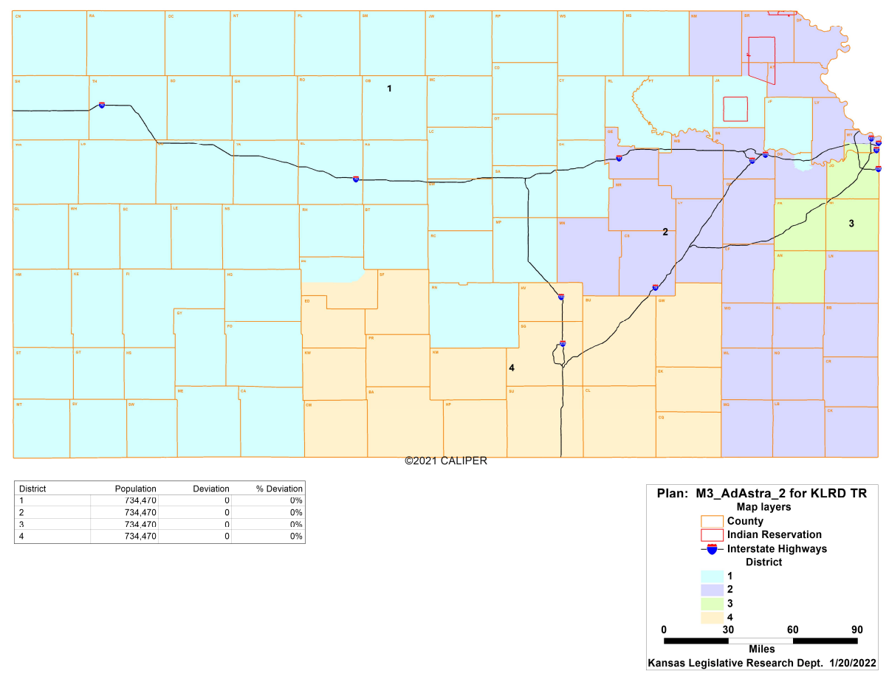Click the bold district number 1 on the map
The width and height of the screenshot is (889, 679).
coord(389,89)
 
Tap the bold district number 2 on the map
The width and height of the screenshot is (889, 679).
coord(665,232)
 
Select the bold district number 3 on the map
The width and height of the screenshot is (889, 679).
coord(851,224)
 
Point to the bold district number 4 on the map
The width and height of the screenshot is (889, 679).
coord(511,367)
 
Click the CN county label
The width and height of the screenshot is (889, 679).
coord(18,15)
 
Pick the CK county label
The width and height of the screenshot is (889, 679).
coord(830,410)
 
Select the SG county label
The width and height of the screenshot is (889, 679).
coord(523,325)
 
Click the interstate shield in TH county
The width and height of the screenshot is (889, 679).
coord(101,106)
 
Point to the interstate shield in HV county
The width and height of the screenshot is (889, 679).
coord(561,297)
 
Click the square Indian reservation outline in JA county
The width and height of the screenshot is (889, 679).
coord(735,109)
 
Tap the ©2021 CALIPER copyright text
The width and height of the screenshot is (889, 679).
coord(445,461)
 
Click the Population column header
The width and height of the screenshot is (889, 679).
coord(135,489)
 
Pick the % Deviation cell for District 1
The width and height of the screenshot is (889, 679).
coord(295,500)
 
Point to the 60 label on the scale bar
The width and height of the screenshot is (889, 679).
coord(792,630)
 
